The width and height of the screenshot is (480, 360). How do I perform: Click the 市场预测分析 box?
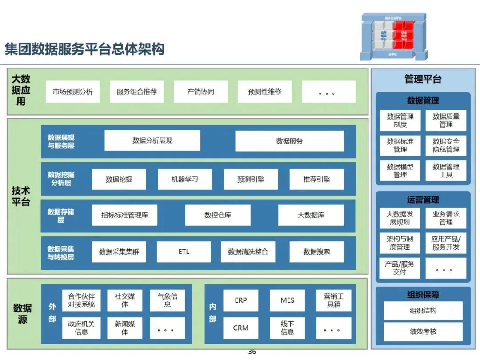tap(73, 92)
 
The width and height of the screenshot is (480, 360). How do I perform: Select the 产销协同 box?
tap(200, 92)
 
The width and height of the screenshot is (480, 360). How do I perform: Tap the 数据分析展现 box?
tap(152, 140)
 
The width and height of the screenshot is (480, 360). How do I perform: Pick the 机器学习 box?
tap(185, 180)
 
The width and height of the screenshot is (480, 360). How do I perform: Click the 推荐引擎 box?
tap(316, 180)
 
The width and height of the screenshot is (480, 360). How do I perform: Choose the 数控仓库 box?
tap(218, 215)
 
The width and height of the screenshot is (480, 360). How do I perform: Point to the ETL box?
tap(184, 252)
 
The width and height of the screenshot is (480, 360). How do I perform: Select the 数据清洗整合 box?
tap(248, 252)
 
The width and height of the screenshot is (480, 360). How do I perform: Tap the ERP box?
tap(241, 300)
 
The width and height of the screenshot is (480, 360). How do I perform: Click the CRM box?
tap(241, 328)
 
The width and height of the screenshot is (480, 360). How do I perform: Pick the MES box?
tap(288, 300)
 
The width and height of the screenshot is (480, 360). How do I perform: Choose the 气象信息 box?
tap(168, 300)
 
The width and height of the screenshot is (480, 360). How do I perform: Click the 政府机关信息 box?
tap(81, 328)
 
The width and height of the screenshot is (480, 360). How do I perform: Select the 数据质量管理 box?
tap(446, 120)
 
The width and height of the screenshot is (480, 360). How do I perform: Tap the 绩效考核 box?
tap(423, 332)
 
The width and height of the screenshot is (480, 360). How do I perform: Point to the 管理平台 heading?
tap(423, 79)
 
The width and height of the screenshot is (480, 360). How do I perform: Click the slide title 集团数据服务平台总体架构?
tap(84, 49)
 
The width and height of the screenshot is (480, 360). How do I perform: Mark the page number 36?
tap(252, 352)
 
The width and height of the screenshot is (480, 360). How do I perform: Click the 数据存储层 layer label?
tap(61, 216)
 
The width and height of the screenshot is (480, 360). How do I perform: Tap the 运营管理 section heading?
tap(423, 200)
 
